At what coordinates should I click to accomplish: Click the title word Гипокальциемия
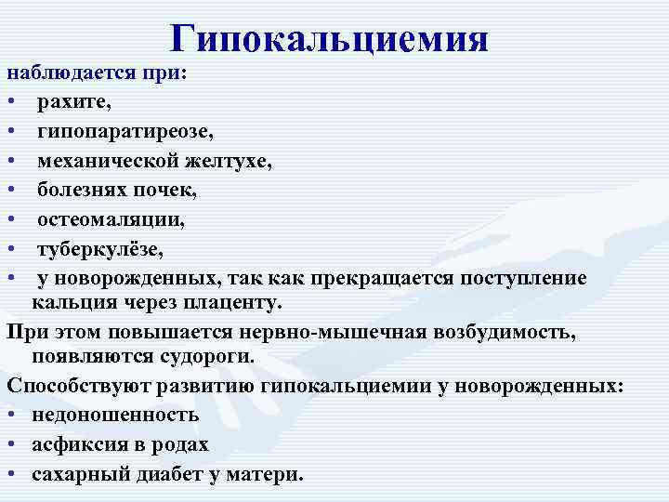(331, 38)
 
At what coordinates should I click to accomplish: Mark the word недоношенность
(115, 414)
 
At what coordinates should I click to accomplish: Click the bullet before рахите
(12, 101)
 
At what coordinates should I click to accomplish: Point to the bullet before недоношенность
(12, 415)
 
